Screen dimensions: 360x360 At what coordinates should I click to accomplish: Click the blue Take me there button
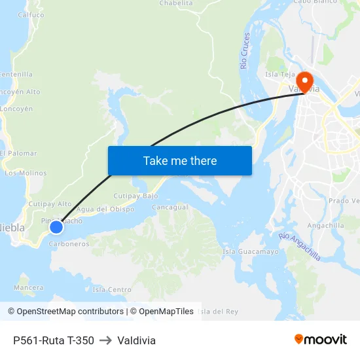(x=179, y=160)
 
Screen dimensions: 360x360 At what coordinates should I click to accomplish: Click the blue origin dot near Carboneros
(x=56, y=226)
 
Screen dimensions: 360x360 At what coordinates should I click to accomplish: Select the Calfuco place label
(x=31, y=14)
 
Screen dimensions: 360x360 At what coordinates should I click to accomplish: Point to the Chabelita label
(x=176, y=3)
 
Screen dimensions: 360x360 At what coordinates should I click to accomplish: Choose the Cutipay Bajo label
(x=136, y=196)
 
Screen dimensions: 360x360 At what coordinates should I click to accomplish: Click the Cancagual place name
(x=170, y=207)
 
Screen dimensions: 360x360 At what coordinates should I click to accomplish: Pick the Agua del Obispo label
(x=105, y=209)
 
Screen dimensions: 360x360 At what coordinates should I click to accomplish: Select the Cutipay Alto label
(x=50, y=204)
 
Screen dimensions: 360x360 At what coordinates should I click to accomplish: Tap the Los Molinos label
(x=26, y=173)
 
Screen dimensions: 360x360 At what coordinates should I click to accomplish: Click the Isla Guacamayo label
(x=251, y=251)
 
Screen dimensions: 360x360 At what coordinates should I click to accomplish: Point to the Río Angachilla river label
(x=300, y=246)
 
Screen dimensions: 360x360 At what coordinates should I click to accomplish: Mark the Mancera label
(x=28, y=287)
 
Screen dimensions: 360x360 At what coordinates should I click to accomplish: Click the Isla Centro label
(x=112, y=289)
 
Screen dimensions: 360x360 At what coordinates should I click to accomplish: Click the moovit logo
(x=320, y=340)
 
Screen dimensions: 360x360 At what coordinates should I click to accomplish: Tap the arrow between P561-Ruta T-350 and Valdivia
(x=105, y=340)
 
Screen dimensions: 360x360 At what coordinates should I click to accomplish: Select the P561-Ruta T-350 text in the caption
(x=53, y=340)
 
